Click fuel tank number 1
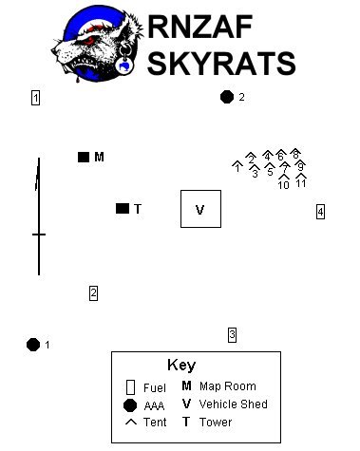coord(35,98)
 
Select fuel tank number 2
coord(93,293)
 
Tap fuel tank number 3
coord(232,335)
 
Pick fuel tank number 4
coord(320,212)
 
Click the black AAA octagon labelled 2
coord(227,97)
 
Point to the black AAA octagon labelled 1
coord(33,345)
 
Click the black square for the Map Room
coord(84,157)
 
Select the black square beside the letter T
coord(123,209)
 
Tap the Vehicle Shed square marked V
coord(200,209)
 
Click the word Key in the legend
coord(181,366)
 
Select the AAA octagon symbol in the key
coord(130,405)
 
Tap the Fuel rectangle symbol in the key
coord(130,387)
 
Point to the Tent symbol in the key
coord(131,422)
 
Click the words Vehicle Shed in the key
coord(234,404)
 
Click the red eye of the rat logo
coord(89,40)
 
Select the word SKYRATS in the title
coord(221,63)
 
